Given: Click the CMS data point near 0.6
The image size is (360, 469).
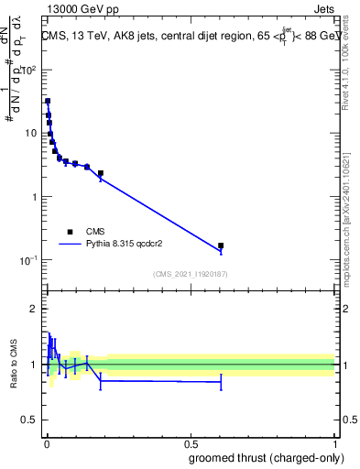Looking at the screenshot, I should tap(221, 245).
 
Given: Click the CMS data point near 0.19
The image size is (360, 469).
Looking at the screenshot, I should tap(101, 173).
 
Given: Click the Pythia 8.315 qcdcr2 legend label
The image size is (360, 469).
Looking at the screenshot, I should tap(131, 245).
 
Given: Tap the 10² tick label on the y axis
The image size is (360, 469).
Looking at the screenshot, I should tap(29, 70).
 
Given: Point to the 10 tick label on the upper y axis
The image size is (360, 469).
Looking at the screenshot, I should tap(32, 133).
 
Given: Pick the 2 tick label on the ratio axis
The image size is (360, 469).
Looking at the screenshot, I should tap(34, 309).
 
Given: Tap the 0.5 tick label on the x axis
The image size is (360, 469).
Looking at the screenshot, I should tap(191, 442).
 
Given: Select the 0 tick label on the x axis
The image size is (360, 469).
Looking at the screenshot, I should tap(47, 442).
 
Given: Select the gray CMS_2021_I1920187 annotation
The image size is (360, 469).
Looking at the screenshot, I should tap(190, 274).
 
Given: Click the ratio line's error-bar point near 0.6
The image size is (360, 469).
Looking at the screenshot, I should tap(221, 382).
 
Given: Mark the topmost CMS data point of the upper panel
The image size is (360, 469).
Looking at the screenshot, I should tap(48, 101).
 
